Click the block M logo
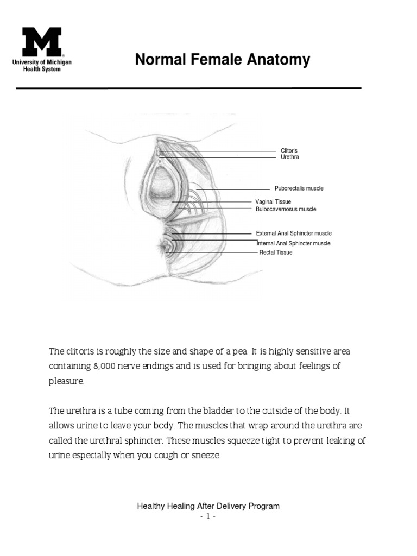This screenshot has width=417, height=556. [x=42, y=42]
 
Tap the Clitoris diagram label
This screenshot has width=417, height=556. [x=289, y=151]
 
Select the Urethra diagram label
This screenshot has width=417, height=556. [x=289, y=157]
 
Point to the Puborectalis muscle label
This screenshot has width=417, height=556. [x=299, y=188]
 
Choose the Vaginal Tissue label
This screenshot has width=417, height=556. [x=273, y=202]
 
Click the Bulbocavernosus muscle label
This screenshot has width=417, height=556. [x=286, y=209]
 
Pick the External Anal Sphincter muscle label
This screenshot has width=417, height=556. [x=294, y=233]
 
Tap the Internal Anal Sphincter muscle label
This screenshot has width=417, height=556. [x=293, y=244]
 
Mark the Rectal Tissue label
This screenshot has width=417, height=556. [x=275, y=252]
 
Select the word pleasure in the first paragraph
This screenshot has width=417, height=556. [x=66, y=382]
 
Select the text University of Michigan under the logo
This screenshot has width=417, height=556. [x=42, y=63]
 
